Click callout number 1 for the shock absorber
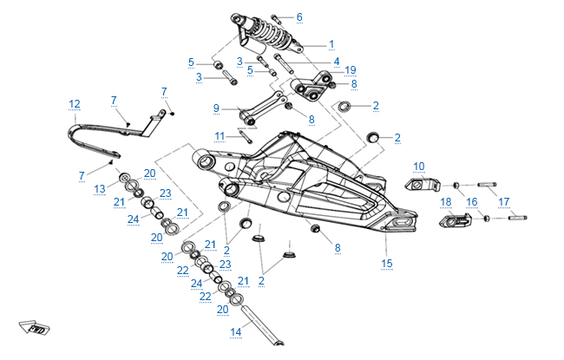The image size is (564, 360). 331,43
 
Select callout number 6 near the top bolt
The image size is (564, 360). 299,16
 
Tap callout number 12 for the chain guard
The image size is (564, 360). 75,103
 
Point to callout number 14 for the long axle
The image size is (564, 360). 234,331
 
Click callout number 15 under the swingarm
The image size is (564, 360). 387,263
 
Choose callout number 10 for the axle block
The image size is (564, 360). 418,165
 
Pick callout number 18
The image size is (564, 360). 446,201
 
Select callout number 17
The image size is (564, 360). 502,201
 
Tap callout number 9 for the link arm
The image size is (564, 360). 216,108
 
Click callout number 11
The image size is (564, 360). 220,135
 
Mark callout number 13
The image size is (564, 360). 100,187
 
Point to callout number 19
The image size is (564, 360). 351,69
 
